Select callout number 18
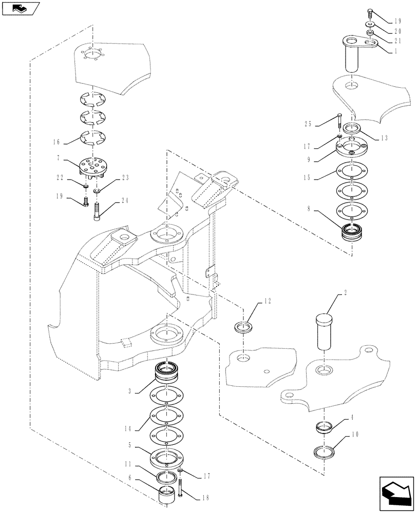[x=206, y=498]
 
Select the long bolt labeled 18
[x=181, y=488]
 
